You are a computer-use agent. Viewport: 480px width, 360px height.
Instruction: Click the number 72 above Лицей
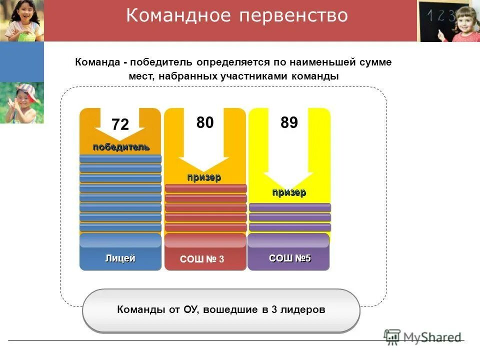[x=120, y=124]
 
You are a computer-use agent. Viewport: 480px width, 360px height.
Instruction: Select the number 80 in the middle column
[x=205, y=122]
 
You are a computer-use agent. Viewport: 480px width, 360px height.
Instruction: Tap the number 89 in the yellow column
[x=289, y=122]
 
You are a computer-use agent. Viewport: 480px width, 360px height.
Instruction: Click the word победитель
[x=120, y=146]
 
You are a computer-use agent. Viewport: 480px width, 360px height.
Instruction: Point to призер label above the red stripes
[x=204, y=177]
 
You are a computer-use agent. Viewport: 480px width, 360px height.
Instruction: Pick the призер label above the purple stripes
[x=289, y=192]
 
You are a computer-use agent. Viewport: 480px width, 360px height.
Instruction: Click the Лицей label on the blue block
[x=120, y=258]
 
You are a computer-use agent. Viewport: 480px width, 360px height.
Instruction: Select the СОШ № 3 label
[x=202, y=259]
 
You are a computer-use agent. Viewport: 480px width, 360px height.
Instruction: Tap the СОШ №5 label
[x=290, y=258]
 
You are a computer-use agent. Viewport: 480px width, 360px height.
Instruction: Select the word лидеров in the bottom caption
[x=302, y=309]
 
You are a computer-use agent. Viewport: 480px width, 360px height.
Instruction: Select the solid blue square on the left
[x=21, y=61]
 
